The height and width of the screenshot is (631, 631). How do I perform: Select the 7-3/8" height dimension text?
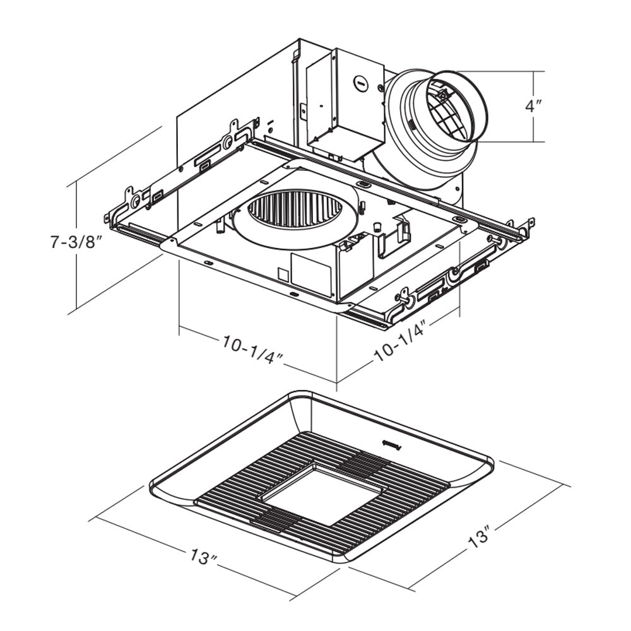[76, 242]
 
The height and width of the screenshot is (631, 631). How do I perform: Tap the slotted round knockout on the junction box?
[361, 81]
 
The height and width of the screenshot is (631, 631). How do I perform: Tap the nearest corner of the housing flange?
[346, 308]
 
